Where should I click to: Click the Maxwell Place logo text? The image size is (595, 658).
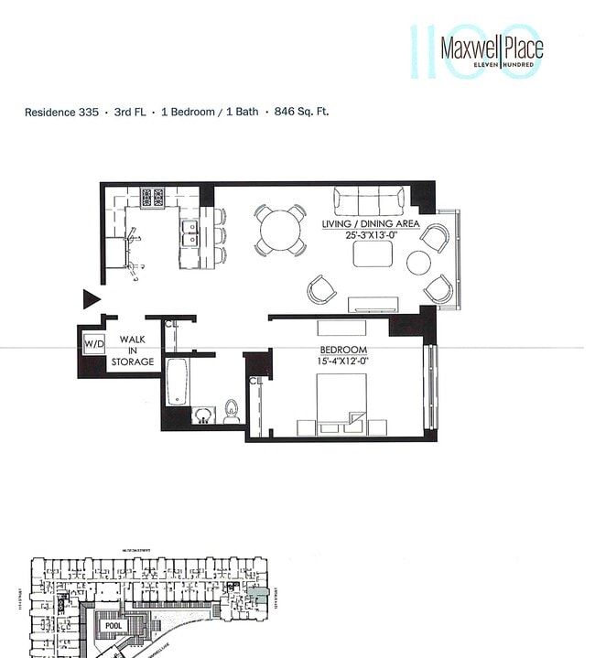pos(491,47)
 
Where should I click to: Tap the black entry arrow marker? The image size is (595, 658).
pos(91,298)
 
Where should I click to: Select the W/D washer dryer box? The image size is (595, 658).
pos(93,344)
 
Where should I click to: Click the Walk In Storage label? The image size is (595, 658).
pos(133,350)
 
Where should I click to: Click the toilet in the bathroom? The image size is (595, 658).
pos(231,412)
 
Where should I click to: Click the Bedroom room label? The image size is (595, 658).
pos(342,351)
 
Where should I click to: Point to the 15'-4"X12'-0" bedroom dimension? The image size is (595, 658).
pos(342,362)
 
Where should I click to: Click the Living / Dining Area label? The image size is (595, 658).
pos(370,223)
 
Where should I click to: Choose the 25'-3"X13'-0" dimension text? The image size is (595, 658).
pos(370,235)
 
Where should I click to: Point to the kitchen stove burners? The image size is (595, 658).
pos(152,196)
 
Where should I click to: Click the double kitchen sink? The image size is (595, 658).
pos(189,234)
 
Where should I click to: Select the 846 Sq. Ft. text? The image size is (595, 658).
pos(300,112)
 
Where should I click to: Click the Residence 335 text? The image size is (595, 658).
pos(62,112)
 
